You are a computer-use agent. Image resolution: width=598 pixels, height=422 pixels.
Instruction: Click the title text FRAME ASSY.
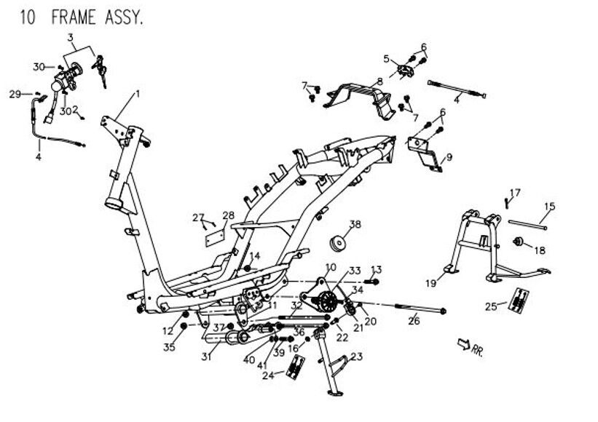coord(97,17)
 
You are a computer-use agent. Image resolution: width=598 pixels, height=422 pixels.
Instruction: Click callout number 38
coord(355,224)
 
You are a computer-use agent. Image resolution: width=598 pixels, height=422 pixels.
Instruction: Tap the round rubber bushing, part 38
coord(338,243)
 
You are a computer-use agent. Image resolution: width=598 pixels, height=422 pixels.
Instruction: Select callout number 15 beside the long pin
coord(549,207)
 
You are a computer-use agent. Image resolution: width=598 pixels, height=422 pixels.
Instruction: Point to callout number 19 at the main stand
coord(430,282)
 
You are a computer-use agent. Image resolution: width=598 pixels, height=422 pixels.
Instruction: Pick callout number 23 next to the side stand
coord(356,357)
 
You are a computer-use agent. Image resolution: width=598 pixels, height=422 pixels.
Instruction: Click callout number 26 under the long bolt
coord(413,319)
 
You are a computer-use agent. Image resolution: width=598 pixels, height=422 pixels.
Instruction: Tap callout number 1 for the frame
coord(137,95)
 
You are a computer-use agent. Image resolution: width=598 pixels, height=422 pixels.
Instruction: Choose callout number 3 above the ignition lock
coord(71,37)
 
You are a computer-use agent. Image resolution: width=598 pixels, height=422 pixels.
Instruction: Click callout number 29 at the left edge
coord(15,94)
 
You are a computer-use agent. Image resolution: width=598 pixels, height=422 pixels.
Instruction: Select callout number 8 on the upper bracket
coord(379,81)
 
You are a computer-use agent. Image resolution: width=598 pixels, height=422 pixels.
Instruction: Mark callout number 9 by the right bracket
coord(449,156)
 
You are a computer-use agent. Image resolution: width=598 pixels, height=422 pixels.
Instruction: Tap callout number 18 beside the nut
coord(540,250)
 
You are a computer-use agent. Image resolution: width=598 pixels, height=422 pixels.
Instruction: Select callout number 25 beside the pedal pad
coord(492,306)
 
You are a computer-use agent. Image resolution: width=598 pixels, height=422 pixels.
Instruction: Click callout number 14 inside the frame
coord(255,256)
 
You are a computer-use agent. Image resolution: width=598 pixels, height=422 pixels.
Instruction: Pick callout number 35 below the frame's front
coord(170,347)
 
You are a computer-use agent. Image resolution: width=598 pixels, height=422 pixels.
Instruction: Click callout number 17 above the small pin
coord(515,192)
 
